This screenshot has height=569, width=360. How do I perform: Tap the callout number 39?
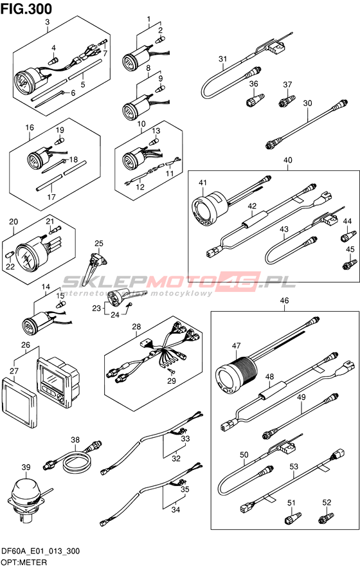[26, 467]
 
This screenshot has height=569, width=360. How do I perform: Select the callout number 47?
[236, 346]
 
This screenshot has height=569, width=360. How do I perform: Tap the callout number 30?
[307, 103]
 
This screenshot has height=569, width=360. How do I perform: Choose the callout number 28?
[136, 327]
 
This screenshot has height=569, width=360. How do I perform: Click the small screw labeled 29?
[172, 370]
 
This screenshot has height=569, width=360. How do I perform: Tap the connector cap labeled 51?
[293, 518]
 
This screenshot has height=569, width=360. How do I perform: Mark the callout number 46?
[284, 300]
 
